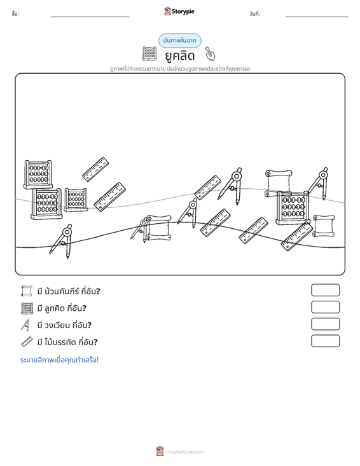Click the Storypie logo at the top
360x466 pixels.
(x=179, y=11)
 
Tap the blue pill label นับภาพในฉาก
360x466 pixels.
(x=179, y=41)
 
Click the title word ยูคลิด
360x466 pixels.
(x=179, y=55)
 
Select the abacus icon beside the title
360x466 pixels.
(x=149, y=54)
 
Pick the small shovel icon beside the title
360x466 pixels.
(x=210, y=53)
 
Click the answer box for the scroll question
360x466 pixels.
(x=325, y=290)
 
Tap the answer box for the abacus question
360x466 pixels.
(x=325, y=307)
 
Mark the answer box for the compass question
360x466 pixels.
(x=325, y=324)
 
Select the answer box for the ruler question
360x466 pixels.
(x=325, y=341)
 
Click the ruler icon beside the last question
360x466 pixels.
(x=27, y=342)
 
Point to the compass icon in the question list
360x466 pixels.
(x=25, y=325)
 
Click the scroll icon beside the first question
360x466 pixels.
(x=27, y=291)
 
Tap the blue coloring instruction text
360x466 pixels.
(x=59, y=360)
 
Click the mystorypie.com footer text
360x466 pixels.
(x=184, y=452)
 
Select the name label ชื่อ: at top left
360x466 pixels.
(x=15, y=14)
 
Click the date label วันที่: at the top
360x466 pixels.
(x=255, y=14)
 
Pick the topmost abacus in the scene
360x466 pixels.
(x=38, y=174)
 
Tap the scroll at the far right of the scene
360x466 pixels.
(x=324, y=226)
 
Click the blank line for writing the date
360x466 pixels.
(x=317, y=17)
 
